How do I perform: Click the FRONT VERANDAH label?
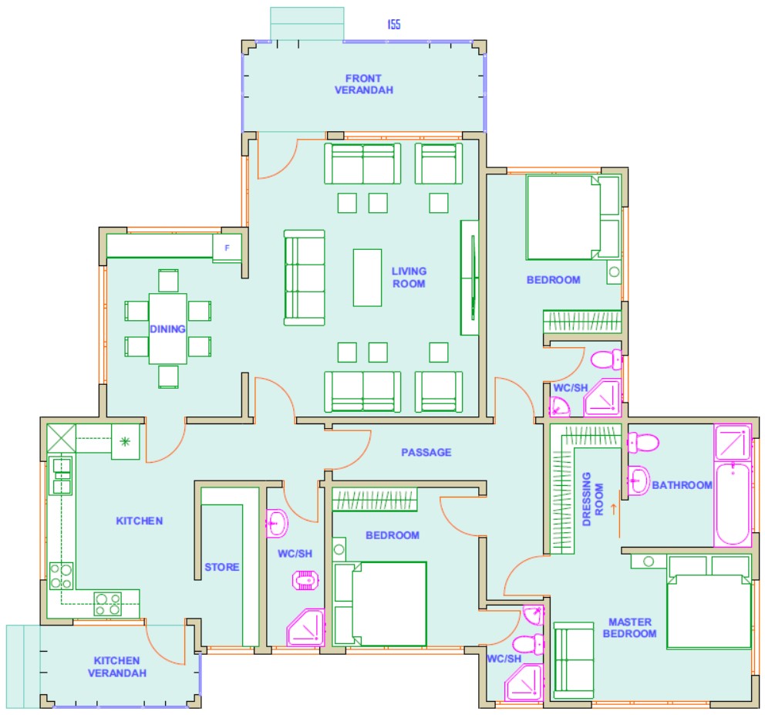pos(363,84)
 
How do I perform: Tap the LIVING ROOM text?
pos(409,277)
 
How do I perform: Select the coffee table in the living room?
pos(367,278)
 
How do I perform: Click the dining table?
pos(168,329)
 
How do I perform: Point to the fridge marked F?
pos(227,248)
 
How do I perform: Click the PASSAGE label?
pos(426,453)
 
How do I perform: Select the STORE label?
pos(222,567)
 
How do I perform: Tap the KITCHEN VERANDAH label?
pos(117,666)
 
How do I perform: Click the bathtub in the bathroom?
pos(733,504)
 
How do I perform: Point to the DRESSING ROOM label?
pos(593,499)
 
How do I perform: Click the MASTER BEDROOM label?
pos(630,628)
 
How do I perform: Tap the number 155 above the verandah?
pos(394,25)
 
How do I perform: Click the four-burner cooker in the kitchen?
pos(108,604)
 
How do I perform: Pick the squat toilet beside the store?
pos(305,580)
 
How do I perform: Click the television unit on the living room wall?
pos(470,277)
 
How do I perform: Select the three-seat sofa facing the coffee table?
pos(305,278)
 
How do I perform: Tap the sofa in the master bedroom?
pos(574,660)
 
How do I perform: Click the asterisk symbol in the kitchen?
pos(126,442)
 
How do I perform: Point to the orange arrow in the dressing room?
pos(614,508)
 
